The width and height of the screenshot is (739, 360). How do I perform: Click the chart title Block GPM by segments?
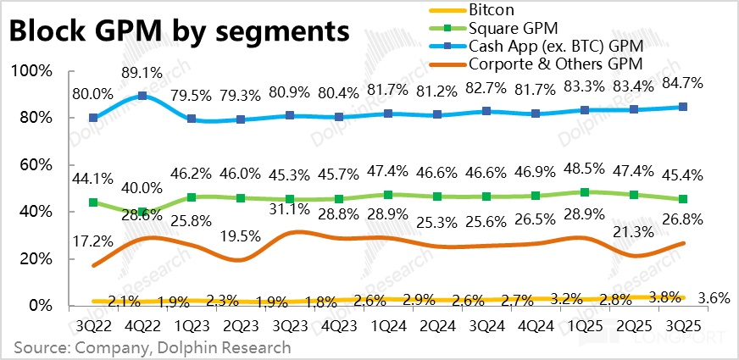point(179,31)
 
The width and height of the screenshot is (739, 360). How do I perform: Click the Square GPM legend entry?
point(508,27)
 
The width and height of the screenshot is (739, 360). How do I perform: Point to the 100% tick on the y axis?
point(35,71)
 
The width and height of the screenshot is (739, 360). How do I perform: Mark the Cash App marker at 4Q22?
point(143,96)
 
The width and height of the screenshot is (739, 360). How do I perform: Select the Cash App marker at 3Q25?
point(684,107)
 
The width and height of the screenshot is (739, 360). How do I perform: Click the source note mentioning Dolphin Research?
point(152,347)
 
